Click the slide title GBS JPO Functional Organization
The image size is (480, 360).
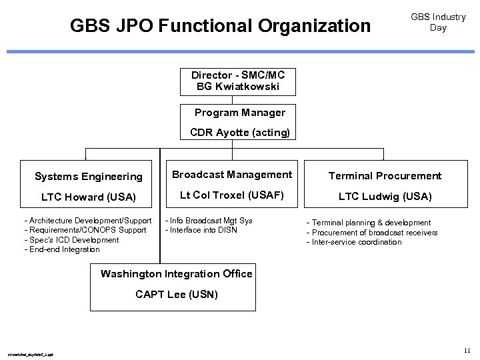pyautogui.click(x=220, y=26)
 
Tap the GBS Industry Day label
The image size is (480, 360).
pyautogui.click(x=438, y=22)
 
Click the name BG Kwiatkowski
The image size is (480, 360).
pyautogui.click(x=238, y=87)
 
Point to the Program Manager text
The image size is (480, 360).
pyautogui.click(x=239, y=113)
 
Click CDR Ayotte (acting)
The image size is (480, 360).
pyautogui.click(x=239, y=132)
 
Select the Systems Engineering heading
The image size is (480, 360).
pyautogui.click(x=89, y=177)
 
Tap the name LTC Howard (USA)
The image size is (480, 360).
pyautogui.click(x=89, y=197)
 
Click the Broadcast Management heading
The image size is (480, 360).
pyautogui.click(x=232, y=175)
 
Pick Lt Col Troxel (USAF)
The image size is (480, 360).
pyautogui.click(x=232, y=195)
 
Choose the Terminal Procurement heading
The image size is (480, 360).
pyautogui.click(x=385, y=176)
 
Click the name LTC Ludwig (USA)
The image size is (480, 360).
pyautogui.click(x=385, y=196)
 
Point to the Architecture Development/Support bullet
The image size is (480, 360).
pyautogui.click(x=88, y=221)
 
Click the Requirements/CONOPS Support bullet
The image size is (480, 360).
pyautogui.click(x=85, y=230)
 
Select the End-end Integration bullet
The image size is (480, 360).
pyautogui.click(x=62, y=249)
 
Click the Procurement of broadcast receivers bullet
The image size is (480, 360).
pyautogui.click(x=372, y=233)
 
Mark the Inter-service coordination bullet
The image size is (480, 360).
pyautogui.click(x=354, y=242)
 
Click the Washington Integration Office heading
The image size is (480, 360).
pyautogui.click(x=176, y=274)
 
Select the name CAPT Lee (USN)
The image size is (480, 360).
pyautogui.click(x=176, y=294)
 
